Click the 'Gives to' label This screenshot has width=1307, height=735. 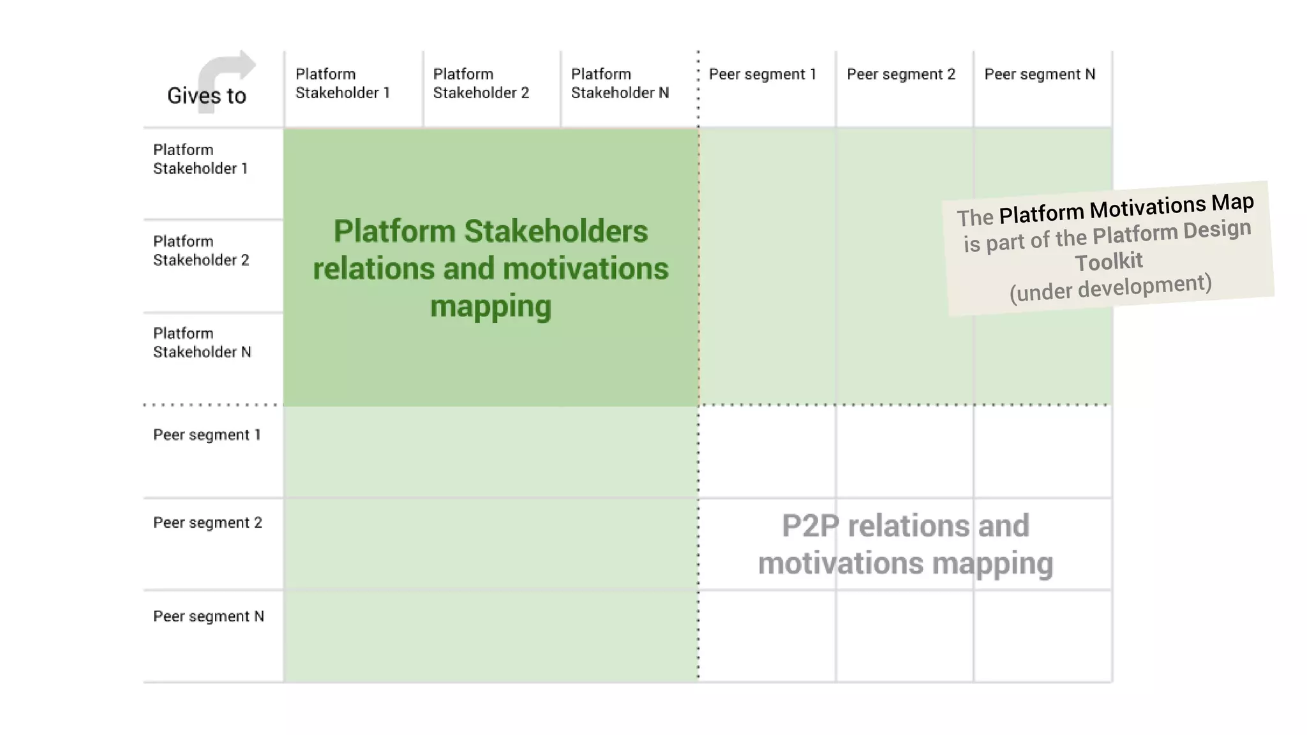(206, 96)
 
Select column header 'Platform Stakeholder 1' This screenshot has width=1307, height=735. (343, 84)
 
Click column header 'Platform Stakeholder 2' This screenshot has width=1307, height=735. (481, 84)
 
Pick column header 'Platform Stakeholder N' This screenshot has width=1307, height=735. (619, 84)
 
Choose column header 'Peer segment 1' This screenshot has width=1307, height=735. (763, 75)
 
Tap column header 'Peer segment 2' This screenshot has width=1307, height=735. (901, 75)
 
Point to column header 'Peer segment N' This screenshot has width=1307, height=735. (1040, 75)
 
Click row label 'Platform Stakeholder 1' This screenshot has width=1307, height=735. (200, 159)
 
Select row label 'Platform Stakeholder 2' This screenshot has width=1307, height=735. (200, 251)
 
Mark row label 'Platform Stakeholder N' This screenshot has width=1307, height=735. (202, 343)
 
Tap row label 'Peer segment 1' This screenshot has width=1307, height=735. (207, 435)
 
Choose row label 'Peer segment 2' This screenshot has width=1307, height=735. (207, 523)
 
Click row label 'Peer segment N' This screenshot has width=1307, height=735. (208, 616)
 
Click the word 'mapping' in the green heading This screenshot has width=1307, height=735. (490, 307)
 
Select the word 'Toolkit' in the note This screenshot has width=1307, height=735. (1109, 262)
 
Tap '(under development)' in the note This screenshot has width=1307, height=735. (1110, 288)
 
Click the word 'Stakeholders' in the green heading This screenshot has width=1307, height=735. (556, 231)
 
